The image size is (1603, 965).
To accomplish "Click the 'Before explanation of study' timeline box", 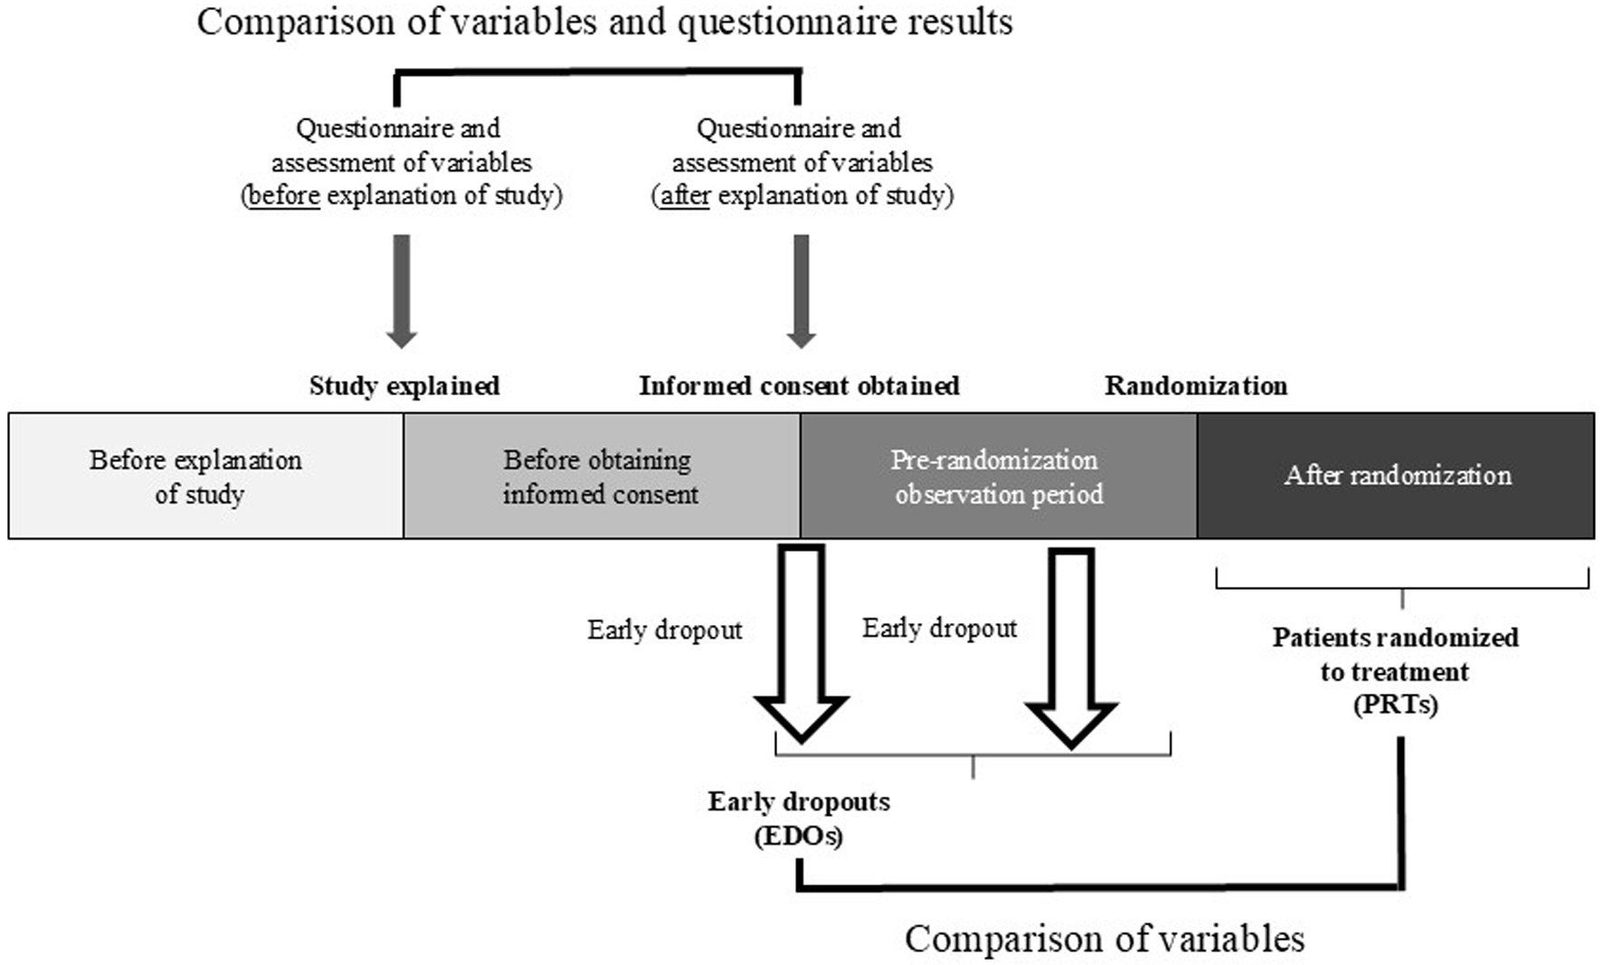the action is pyautogui.click(x=206, y=476).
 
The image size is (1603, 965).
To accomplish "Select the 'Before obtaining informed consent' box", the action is pyautogui.click(x=602, y=476).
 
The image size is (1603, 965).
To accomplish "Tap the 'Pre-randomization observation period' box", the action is pyautogui.click(x=999, y=476).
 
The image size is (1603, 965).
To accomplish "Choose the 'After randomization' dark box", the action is pyautogui.click(x=1396, y=476).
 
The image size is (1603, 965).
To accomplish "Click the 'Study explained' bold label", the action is pyautogui.click(x=404, y=386).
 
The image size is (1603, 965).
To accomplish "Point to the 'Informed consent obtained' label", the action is pyautogui.click(x=800, y=386).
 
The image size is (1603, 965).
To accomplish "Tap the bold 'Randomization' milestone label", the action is pyautogui.click(x=1196, y=386).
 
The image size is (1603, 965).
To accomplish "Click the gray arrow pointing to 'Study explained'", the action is pyautogui.click(x=402, y=291).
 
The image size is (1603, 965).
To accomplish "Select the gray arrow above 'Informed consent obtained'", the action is pyautogui.click(x=801, y=291).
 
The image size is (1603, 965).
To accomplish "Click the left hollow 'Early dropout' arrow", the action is pyautogui.click(x=801, y=643).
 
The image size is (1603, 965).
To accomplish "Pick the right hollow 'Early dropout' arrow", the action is pyautogui.click(x=1072, y=648).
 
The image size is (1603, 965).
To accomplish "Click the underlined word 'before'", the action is pyautogui.click(x=283, y=195).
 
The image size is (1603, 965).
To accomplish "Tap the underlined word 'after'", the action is pyautogui.click(x=684, y=195).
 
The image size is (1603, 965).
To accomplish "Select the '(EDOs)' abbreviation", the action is pyautogui.click(x=799, y=836).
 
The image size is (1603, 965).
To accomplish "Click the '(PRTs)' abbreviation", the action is pyautogui.click(x=1396, y=705).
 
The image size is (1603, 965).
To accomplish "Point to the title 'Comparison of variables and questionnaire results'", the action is pyautogui.click(x=604, y=23).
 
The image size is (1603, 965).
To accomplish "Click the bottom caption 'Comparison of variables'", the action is pyautogui.click(x=1105, y=939).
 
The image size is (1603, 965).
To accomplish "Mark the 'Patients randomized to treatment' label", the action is pyautogui.click(x=1396, y=654).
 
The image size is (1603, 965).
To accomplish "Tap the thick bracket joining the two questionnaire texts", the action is pyautogui.click(x=598, y=71).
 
